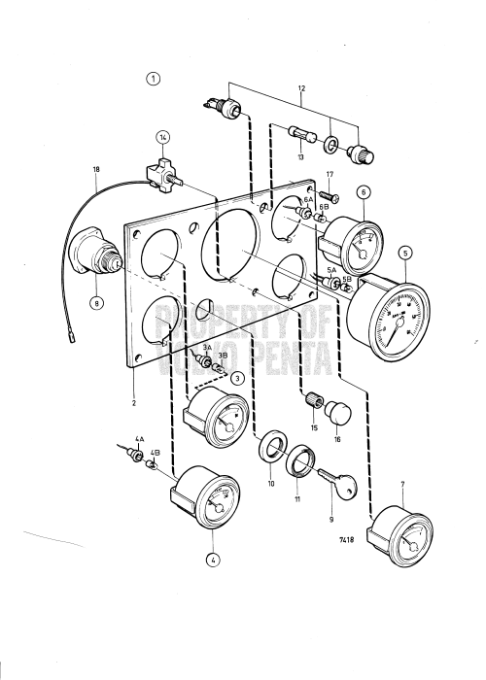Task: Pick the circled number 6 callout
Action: coord(364,192)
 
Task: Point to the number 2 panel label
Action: coord(133,400)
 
